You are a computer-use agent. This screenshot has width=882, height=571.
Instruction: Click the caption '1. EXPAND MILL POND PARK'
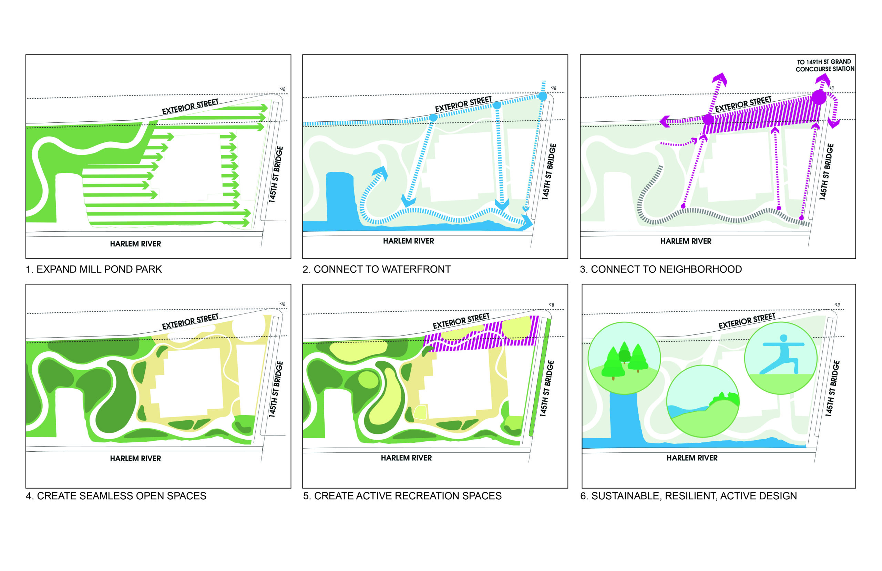94,269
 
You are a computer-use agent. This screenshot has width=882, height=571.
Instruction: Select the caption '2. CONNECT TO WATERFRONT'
376,269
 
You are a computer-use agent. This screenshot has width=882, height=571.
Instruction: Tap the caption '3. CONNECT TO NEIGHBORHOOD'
660,269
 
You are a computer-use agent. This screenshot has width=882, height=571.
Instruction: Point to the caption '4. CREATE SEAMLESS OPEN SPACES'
116,496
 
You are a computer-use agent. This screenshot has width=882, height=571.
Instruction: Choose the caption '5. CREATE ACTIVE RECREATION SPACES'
402,496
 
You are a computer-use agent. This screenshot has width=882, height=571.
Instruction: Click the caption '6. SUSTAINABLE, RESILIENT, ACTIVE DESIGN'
688,496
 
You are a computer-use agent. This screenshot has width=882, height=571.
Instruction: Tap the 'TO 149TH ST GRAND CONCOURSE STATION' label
824,65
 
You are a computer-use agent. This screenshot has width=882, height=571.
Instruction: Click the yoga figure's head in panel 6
783,338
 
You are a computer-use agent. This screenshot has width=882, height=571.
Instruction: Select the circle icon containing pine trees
624,358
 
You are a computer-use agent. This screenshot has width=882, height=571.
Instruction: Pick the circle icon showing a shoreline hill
702,401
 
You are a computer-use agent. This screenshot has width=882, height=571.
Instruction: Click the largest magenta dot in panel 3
818,97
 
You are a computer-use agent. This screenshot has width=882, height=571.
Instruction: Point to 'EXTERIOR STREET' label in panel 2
463,104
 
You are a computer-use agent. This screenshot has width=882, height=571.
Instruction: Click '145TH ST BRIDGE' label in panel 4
276,389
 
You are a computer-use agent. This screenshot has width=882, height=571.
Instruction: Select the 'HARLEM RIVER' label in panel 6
691,458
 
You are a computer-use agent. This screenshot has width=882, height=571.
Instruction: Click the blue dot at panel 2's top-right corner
542,97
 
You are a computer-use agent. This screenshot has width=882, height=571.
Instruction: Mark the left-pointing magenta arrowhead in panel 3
665,121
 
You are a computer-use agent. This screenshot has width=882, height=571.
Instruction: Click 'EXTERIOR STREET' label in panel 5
461,321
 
